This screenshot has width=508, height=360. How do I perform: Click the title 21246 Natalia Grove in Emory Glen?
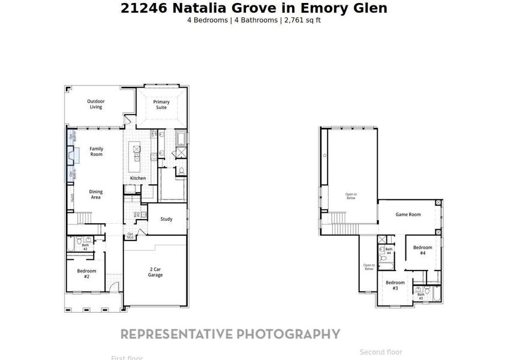click(x=254, y=8)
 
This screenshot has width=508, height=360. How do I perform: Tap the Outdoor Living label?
click(x=96, y=104)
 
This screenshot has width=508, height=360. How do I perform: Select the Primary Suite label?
click(x=161, y=104)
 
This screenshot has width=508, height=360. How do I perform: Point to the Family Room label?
click(x=96, y=151)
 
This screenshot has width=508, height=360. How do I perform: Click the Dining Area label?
click(x=96, y=194)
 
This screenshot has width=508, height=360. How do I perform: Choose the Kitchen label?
click(x=138, y=178)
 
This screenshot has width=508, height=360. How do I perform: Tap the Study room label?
click(x=166, y=219)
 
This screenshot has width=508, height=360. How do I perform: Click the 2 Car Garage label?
click(x=156, y=272)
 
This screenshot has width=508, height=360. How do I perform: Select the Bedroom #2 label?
click(x=86, y=274)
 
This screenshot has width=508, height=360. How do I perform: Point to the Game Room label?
click(x=408, y=214)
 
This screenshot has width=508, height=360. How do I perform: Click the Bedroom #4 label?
click(x=422, y=250)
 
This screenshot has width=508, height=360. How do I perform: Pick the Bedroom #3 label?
click(x=395, y=286)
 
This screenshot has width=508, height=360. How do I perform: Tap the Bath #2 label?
click(x=85, y=247)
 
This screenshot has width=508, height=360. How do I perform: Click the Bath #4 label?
click(x=389, y=251)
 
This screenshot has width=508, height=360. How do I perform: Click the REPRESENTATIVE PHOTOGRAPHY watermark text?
click(x=230, y=334)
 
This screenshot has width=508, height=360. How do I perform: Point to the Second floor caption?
click(x=381, y=352)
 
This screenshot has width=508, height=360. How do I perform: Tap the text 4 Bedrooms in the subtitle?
click(x=208, y=20)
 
